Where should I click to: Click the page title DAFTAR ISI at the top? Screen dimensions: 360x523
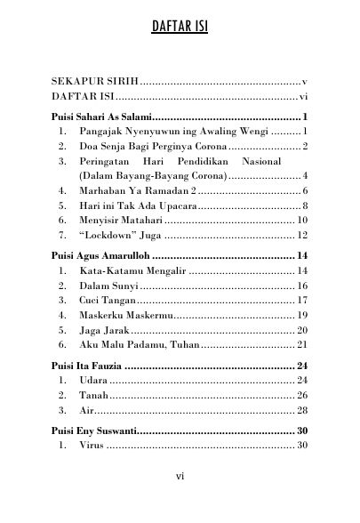180,34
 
